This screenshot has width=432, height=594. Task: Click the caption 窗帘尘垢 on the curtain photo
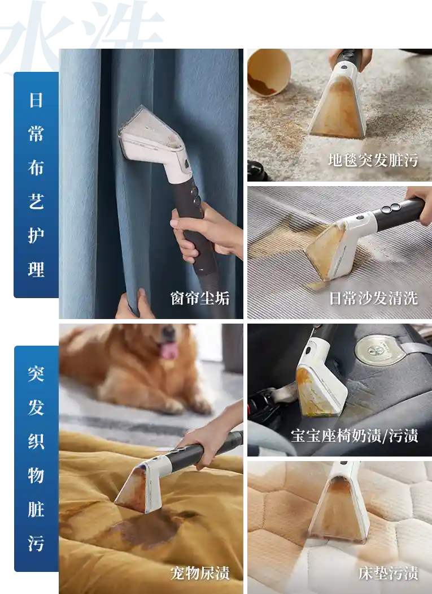pyautogui.click(x=200, y=298)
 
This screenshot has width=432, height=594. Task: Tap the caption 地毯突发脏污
pyautogui.click(x=373, y=160)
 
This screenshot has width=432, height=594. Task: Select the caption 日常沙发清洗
pyautogui.click(x=373, y=298)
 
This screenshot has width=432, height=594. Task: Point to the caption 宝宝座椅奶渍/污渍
pyautogui.click(x=355, y=436)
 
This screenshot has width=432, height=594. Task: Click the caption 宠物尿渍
pyautogui.click(x=200, y=573)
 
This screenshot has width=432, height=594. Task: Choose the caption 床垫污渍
pyautogui.click(x=388, y=573)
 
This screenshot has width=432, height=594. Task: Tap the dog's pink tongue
pyautogui.click(x=169, y=350)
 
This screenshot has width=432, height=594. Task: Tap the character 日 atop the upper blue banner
pyautogui.click(x=36, y=100)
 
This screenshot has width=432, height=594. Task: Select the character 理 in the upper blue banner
pyautogui.click(x=36, y=269)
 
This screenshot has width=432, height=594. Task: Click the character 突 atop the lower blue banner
pyautogui.click(x=36, y=373)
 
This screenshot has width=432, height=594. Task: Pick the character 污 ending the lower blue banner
pyautogui.click(x=36, y=543)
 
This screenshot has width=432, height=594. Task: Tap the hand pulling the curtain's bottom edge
pyautogui.click(x=133, y=305)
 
